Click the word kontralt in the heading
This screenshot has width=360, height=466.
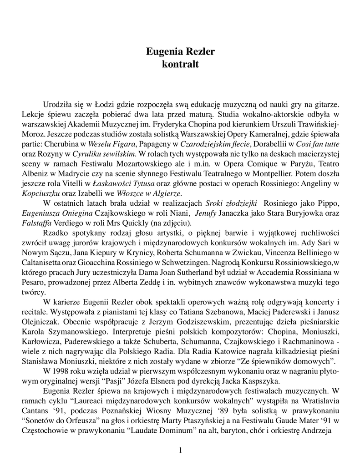click(x=180, y=64)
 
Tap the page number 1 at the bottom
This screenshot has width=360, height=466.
click(x=181, y=451)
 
